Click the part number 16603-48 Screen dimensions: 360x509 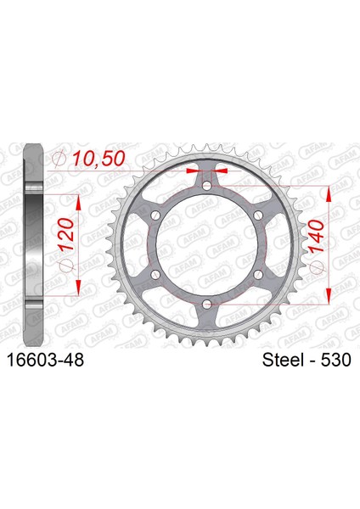[45, 360]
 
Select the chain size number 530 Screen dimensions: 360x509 [336, 360]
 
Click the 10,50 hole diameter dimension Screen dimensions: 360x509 [98, 159]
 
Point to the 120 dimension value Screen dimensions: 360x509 [65, 235]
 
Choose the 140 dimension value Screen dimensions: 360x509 [316, 237]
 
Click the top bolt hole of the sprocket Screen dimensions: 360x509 [207, 186]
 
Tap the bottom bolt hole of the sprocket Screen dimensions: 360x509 [207, 305]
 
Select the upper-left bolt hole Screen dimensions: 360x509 [155, 215]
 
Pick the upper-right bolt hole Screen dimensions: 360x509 [258, 215]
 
